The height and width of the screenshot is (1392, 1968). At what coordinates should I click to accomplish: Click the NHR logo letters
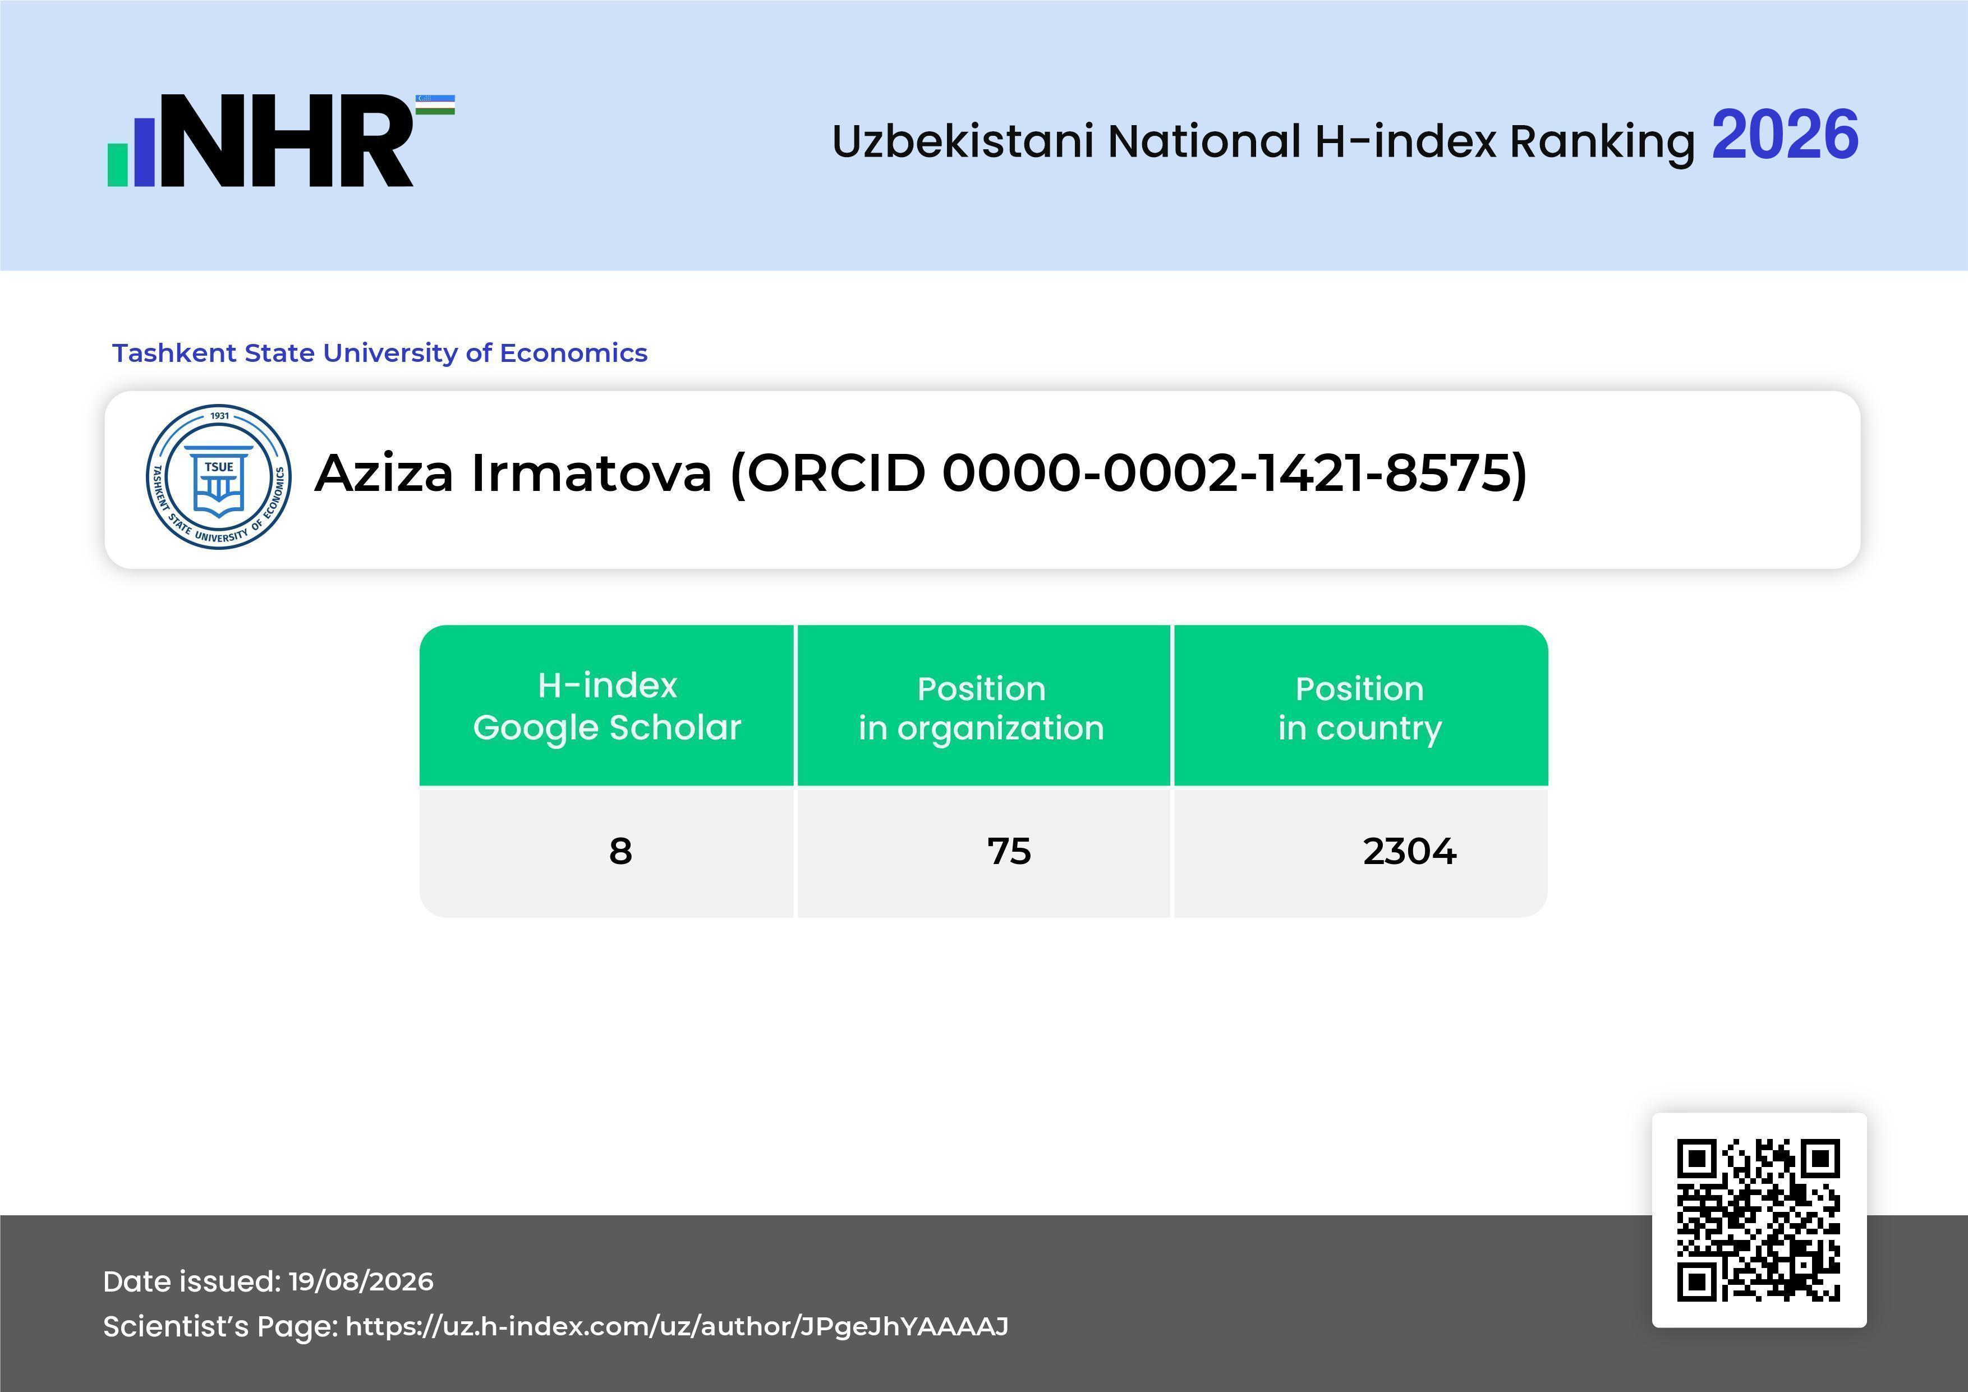287,141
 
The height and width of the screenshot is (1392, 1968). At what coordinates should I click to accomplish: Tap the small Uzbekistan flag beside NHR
435,104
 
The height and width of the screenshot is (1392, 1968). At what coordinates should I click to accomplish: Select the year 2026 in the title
1785,135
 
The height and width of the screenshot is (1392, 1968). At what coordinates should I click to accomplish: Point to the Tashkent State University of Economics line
380,353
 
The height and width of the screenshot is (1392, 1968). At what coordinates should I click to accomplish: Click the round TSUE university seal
219,476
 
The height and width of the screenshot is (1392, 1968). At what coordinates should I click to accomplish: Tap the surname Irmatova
591,473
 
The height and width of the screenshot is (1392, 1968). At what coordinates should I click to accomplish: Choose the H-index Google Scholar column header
607,706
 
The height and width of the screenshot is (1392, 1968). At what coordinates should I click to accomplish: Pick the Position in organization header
981,708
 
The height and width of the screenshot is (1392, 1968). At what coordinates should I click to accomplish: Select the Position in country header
1359,708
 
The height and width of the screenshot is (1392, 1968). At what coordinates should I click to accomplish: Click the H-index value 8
620,851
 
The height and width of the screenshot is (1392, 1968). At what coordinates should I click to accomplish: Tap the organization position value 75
1009,851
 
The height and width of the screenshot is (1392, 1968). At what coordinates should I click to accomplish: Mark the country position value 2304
1409,851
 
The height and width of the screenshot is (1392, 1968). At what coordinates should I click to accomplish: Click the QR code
1759,1220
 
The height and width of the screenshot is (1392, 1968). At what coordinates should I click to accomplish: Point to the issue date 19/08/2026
361,1281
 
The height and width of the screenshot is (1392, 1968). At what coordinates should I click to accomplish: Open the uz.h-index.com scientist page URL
677,1327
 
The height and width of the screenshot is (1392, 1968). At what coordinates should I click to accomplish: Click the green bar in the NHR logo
117,164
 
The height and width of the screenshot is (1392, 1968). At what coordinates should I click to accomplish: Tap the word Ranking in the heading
1602,143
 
